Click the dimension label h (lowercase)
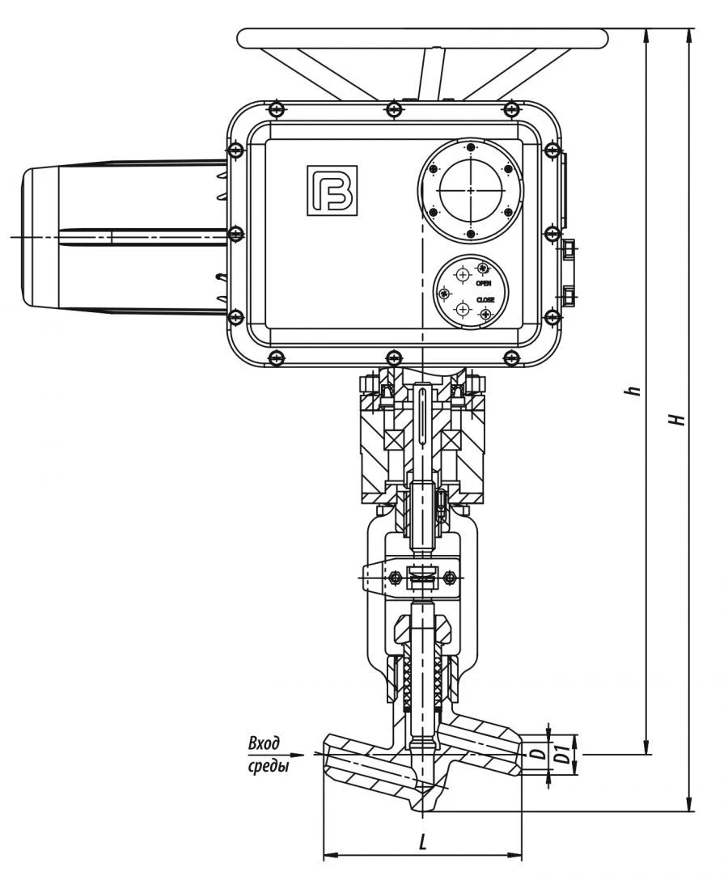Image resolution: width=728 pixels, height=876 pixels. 637,390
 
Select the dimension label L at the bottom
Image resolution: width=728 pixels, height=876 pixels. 422,842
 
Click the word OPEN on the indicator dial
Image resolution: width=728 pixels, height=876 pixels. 484,283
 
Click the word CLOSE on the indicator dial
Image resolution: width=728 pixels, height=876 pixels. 485,299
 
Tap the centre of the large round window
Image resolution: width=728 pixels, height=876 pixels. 470,192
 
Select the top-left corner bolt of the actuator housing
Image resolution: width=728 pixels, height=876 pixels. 277,109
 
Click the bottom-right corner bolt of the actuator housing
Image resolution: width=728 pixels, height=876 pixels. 510,357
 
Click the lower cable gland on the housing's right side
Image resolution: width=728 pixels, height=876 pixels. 569,297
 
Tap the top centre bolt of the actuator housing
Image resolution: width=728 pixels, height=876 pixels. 393,109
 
